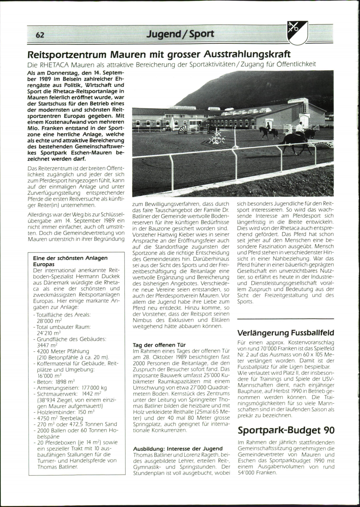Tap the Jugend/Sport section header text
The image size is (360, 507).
pos(180,34)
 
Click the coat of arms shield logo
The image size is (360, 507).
pos(297,33)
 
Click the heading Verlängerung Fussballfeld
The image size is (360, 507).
pos(285,333)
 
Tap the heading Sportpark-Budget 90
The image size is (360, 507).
pos(286,430)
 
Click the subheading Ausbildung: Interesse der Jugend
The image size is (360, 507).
pos(178,448)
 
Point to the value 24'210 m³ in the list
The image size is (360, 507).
pos(49,333)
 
